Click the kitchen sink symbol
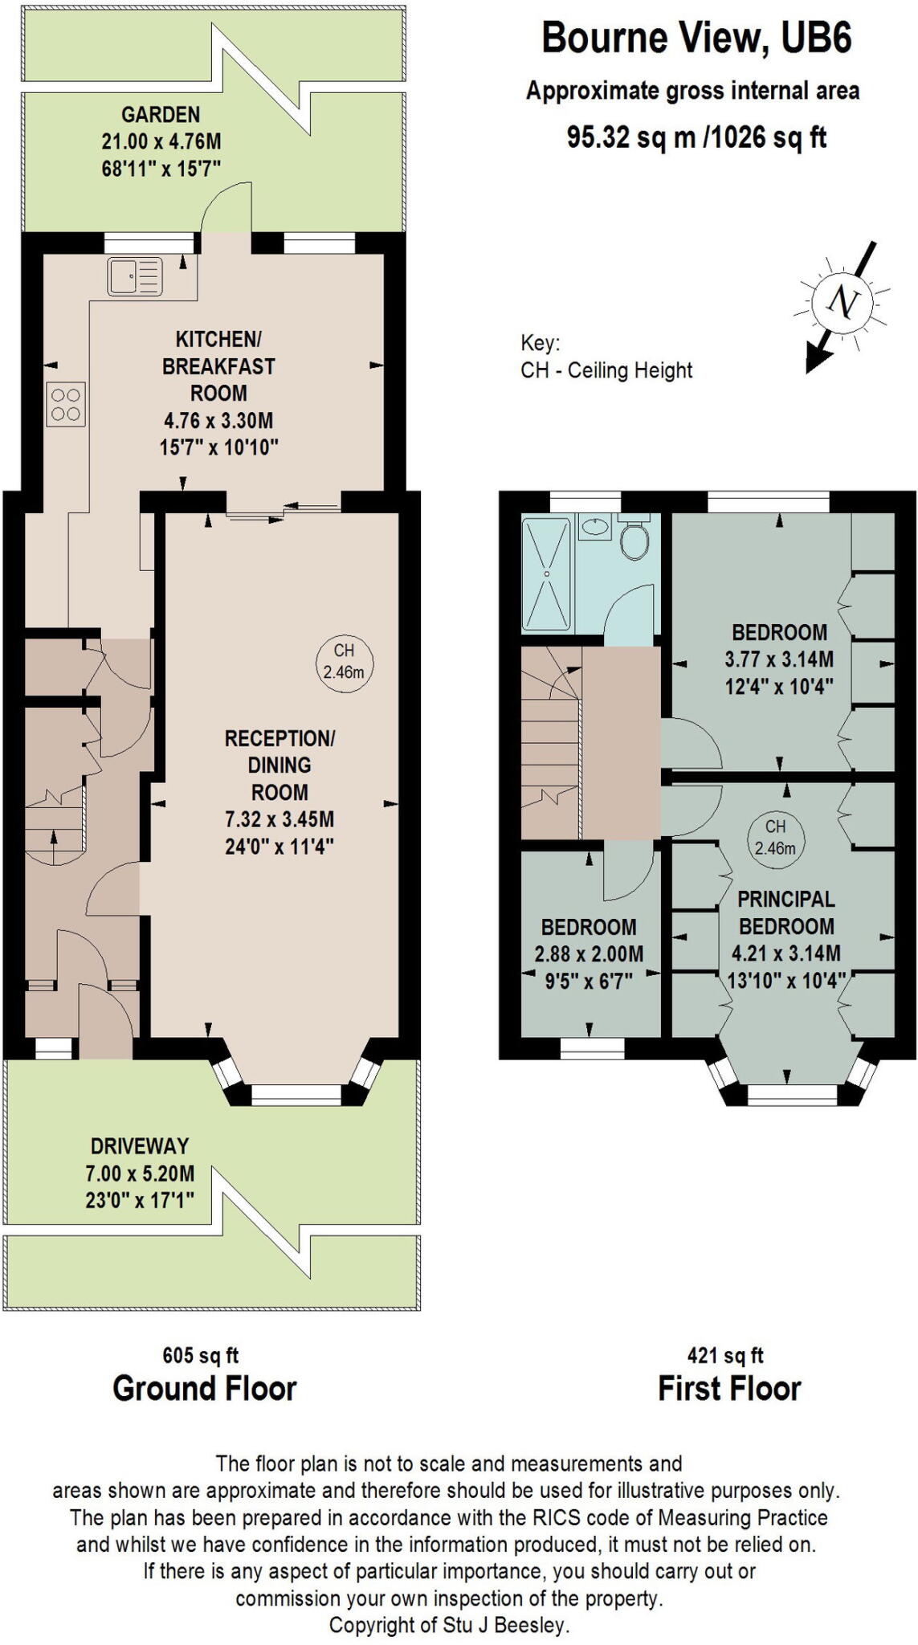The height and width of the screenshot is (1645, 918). coord(134,276)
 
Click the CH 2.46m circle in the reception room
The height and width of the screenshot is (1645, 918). coord(344,661)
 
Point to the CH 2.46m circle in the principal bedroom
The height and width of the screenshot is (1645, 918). coord(774,837)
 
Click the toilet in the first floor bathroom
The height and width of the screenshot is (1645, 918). coord(635,539)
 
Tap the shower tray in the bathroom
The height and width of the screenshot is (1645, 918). coord(546,574)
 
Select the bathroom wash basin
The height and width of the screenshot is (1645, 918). coord(594,528)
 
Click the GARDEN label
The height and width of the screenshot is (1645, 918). coord(161,115)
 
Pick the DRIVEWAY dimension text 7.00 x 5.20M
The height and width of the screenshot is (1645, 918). coord(140,1174)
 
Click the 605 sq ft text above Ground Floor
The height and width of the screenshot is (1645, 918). coord(201,1356)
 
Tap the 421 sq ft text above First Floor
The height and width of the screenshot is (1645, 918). coord(726,1356)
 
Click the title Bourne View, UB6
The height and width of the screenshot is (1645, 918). coord(696,38)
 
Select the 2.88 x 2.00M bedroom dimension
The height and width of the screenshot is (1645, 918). coord(589,954)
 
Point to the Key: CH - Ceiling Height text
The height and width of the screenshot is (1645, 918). coord(606,357)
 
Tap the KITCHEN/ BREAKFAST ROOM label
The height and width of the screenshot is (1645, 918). coord(218,365)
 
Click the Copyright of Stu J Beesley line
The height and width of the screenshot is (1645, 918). coord(449,1625)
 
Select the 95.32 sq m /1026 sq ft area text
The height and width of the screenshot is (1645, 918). coord(696,137)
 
